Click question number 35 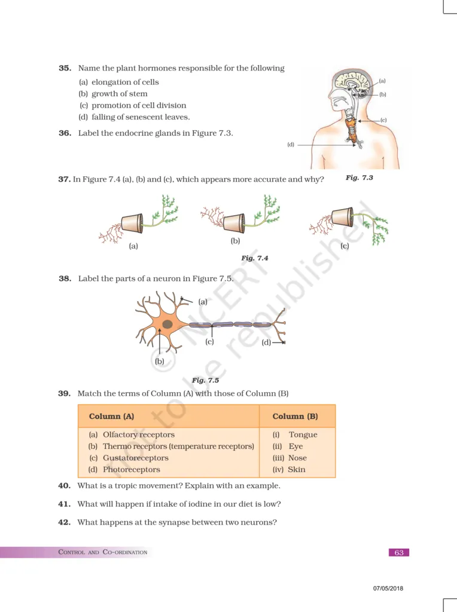point(65,68)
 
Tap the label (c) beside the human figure point(383,120)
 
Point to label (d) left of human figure point(291,145)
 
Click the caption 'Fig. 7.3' point(359,178)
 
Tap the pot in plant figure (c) point(342,216)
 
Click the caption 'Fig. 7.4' point(254,258)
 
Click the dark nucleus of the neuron point(168,324)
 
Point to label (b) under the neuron point(159,361)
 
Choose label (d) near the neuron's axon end point(266,342)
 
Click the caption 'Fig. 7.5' point(205,380)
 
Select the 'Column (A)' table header point(111,416)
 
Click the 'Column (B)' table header point(295,416)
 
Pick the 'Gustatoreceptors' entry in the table point(135,458)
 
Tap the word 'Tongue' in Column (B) point(303,434)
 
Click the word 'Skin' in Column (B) point(297,470)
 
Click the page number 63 point(399,552)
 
